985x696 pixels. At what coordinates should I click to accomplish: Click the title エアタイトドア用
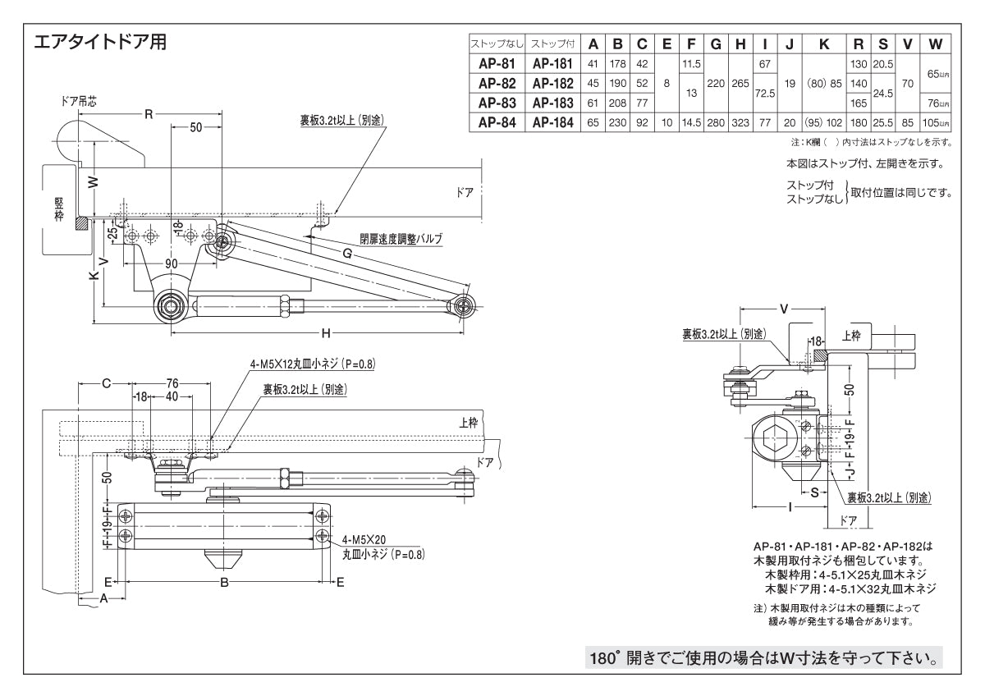pyautogui.click(x=99, y=42)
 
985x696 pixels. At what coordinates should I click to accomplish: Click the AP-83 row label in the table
pyautogui.click(x=496, y=104)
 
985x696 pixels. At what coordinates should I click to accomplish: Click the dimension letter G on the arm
pyautogui.click(x=347, y=254)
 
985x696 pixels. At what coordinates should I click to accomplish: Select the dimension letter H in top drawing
pyautogui.click(x=326, y=332)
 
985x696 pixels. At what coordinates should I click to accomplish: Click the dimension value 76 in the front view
pyautogui.click(x=172, y=382)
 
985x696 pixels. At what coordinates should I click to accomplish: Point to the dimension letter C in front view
pyautogui.click(x=106, y=382)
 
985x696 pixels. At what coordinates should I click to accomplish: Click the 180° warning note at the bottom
pyautogui.click(x=763, y=658)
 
